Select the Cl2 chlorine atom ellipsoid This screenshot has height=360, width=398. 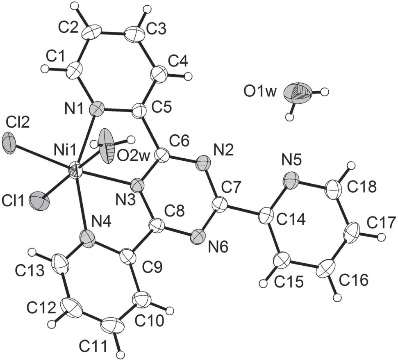tap(9, 143)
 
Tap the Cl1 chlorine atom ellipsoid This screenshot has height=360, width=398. tap(39, 201)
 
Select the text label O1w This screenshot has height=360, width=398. tap(259, 92)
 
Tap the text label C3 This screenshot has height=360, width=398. tap(156, 30)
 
